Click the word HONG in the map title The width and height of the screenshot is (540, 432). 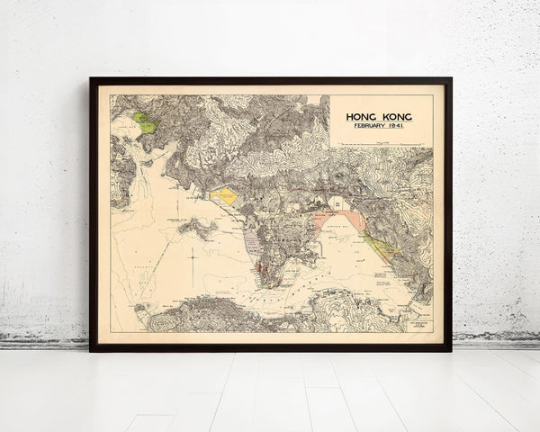tap(364, 117)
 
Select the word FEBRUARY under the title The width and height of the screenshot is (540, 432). tap(369, 127)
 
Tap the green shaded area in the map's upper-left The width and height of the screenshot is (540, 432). tap(144, 121)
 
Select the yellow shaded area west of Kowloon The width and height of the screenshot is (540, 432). tap(224, 195)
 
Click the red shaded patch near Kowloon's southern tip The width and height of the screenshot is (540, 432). tap(260, 266)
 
